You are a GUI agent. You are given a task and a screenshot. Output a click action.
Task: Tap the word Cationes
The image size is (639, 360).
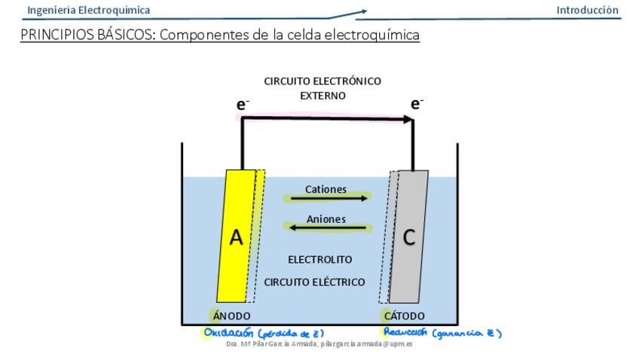(326, 189)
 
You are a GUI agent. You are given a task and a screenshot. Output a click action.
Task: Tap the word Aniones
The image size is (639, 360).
(326, 218)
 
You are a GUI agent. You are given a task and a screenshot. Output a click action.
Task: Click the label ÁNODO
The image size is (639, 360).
(232, 316)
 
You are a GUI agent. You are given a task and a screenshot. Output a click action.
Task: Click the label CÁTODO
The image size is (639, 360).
(406, 316)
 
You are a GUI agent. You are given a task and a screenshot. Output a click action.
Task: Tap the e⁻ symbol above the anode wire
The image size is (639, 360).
(243, 105)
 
